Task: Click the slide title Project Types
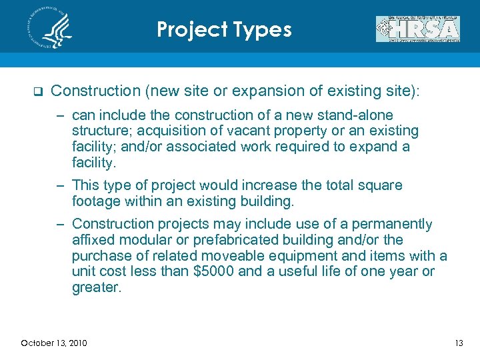[224, 30]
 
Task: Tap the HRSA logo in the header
[417, 29]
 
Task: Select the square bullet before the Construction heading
[37, 91]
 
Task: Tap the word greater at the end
[96, 288]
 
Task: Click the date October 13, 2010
[53, 343]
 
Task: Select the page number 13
[458, 343]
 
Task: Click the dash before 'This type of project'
[61, 185]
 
